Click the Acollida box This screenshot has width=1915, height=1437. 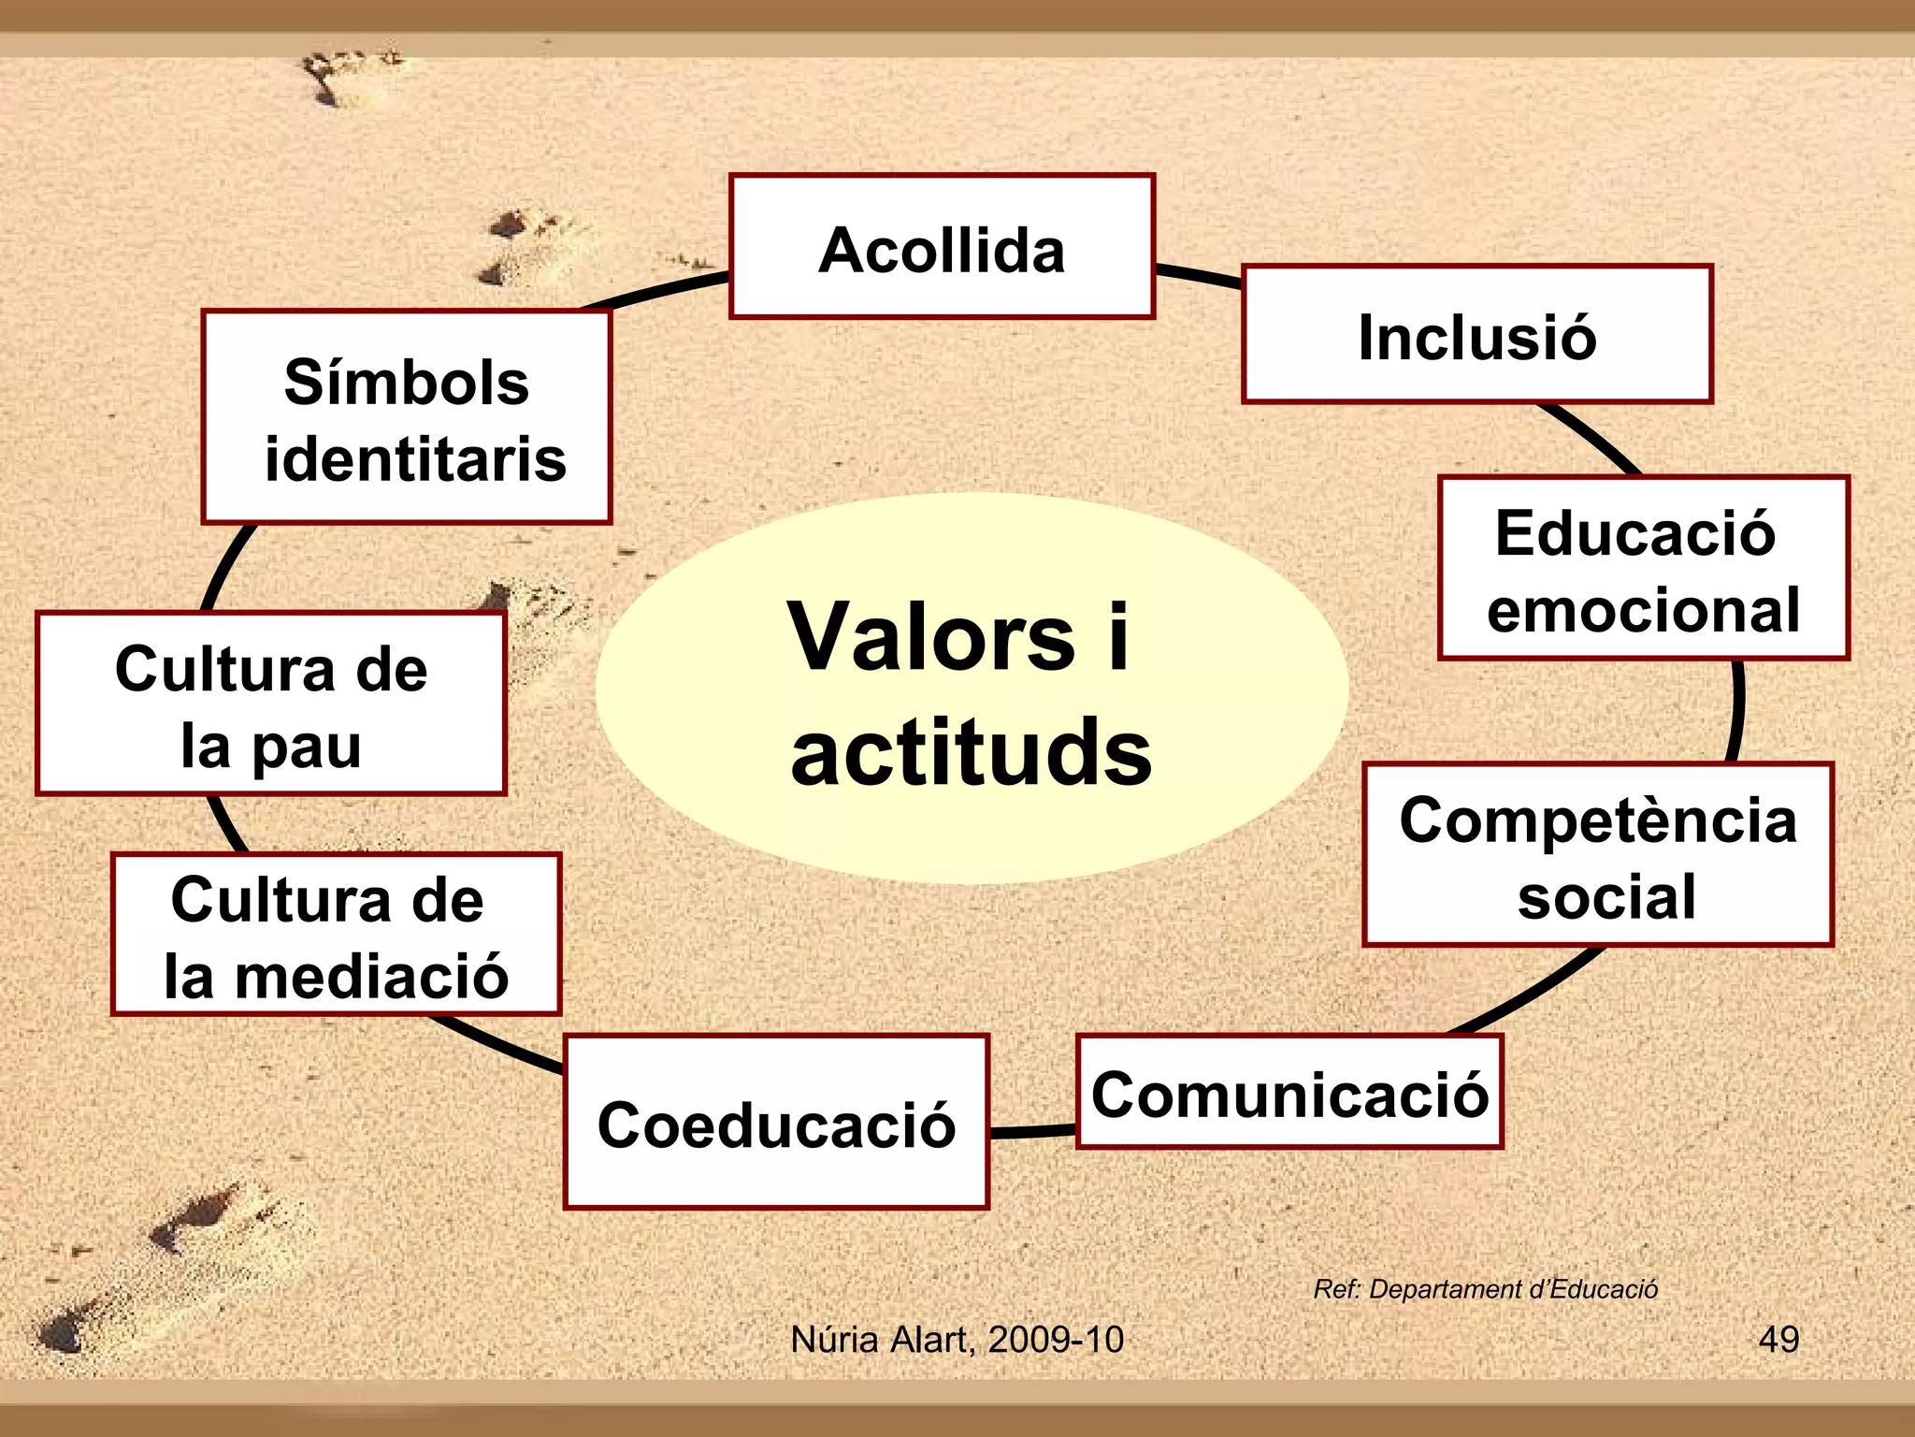click(x=942, y=247)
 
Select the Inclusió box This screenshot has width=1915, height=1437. click(x=1476, y=335)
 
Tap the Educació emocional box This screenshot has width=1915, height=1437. click(x=1643, y=569)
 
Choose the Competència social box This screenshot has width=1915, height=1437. click(x=1597, y=855)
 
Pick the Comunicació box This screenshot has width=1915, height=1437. click(x=1289, y=1093)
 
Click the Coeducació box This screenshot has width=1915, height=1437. click(x=776, y=1122)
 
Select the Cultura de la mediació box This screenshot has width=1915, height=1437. click(x=336, y=935)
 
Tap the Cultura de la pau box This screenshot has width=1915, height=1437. click(x=271, y=704)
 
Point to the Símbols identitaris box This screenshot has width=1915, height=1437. click(x=407, y=417)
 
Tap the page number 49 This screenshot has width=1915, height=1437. click(x=1778, y=1339)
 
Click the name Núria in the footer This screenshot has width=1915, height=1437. click(x=836, y=1340)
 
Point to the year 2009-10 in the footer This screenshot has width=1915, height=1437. click(x=1056, y=1340)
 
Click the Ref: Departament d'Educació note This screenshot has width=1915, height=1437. click(x=1485, y=1289)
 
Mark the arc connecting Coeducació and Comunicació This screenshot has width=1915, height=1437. click(x=1032, y=1132)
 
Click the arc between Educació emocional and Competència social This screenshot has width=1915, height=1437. click(x=1736, y=711)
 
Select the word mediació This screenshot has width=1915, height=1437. click(x=371, y=976)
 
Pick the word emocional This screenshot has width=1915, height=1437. click(x=1643, y=610)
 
